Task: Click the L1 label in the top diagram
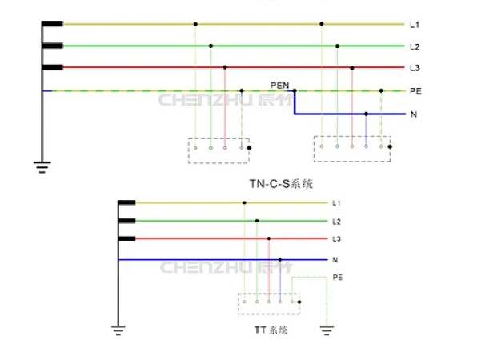coord(415,25)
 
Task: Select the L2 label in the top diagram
coord(415,47)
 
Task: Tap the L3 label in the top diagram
coord(415,68)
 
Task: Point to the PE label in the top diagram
coord(415,91)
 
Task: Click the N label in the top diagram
coord(414,114)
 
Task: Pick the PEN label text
coord(279,83)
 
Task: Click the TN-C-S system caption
coord(281,184)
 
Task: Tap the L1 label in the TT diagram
coord(336,203)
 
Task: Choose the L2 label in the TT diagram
coord(336,222)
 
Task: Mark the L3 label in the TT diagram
coord(336,239)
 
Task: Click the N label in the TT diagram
coord(335,260)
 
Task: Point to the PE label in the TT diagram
coord(337,277)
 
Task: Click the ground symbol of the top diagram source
coord(42,167)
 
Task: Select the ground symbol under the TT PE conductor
coord(327,327)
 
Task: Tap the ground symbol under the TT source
coord(118,327)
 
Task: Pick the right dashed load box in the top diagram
coord(352,149)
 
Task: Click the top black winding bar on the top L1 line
coord(53,24)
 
